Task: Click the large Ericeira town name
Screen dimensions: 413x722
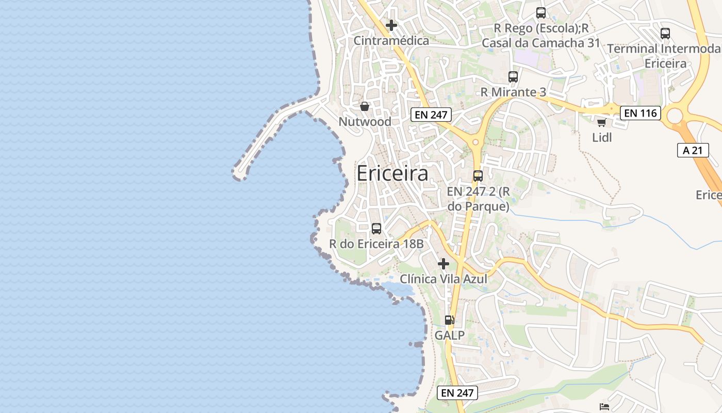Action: (392, 173)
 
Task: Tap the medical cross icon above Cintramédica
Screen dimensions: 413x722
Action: (391, 25)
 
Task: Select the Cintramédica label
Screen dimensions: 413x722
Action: (391, 41)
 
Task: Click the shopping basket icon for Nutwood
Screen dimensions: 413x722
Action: (365, 106)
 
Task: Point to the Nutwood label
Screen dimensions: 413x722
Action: (365, 122)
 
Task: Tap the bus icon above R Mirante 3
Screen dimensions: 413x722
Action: (513, 77)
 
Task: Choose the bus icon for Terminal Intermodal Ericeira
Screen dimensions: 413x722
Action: (665, 34)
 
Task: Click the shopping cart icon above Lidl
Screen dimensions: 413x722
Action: (601, 122)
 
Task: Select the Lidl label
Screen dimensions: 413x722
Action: (602, 138)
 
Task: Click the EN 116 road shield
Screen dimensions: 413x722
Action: (640, 113)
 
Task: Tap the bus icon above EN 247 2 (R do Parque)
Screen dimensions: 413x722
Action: (478, 176)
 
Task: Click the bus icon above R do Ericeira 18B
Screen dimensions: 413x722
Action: (376, 228)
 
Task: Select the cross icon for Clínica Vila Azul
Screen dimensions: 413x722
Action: (443, 264)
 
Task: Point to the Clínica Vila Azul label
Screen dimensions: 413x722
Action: (444, 279)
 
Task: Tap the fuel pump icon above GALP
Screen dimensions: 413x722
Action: (450, 320)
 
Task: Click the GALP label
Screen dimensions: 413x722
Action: (450, 336)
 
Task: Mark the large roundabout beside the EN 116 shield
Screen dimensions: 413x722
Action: (675, 116)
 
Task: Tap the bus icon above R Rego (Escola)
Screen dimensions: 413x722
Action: (540, 13)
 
